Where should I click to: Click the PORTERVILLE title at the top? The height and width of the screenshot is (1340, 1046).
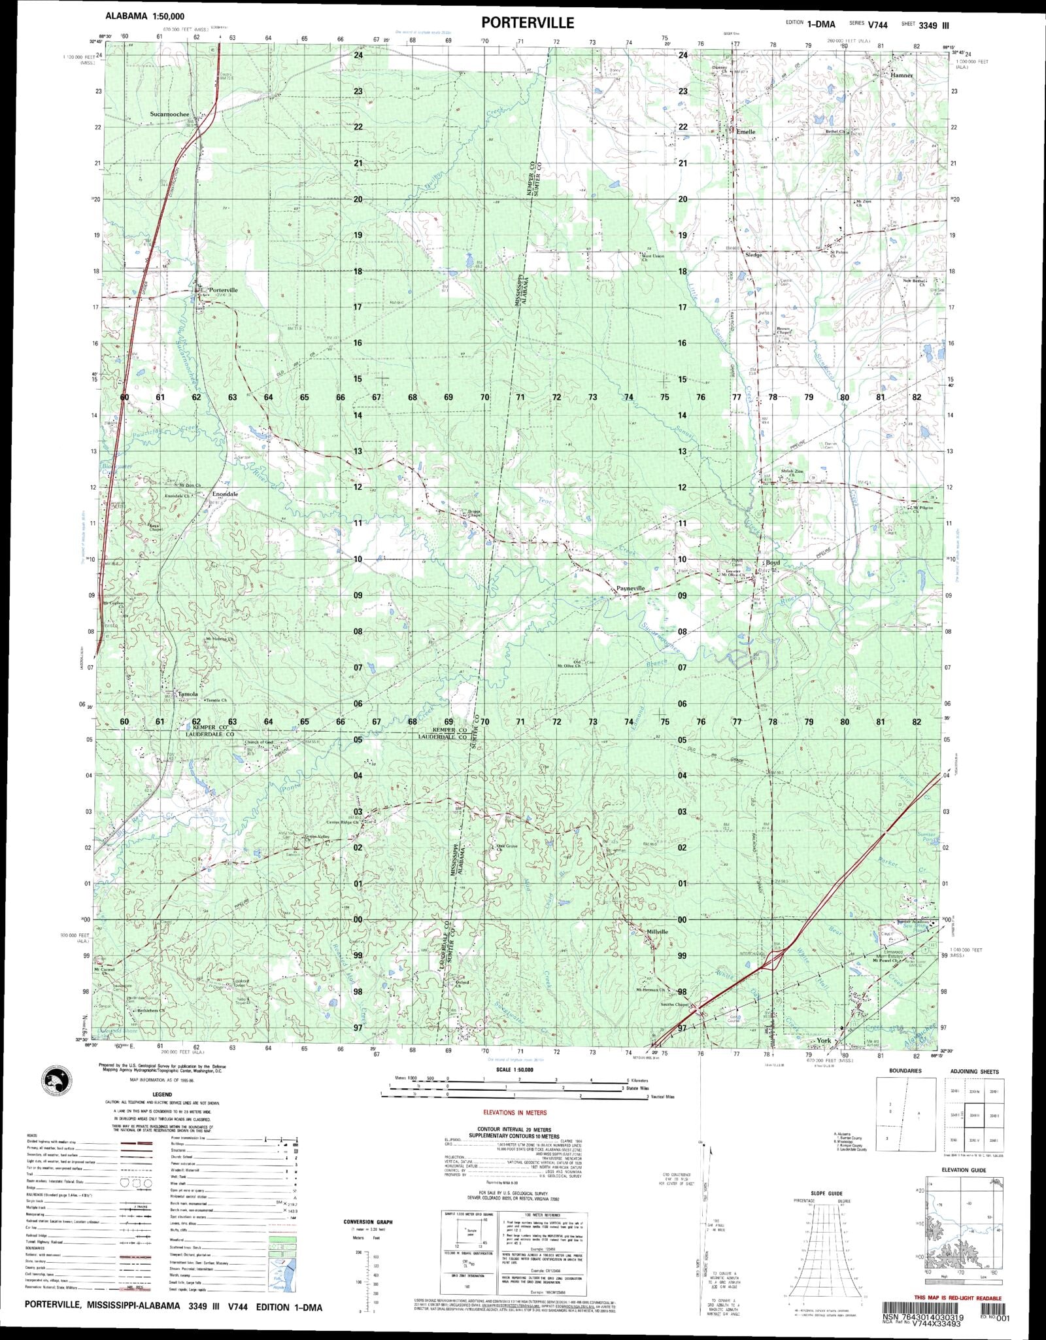(528, 23)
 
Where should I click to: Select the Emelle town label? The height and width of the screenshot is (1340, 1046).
(745, 131)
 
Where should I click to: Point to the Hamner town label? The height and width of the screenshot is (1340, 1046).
(901, 75)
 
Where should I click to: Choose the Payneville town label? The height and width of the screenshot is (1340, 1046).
(631, 589)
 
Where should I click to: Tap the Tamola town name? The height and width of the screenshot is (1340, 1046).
(188, 694)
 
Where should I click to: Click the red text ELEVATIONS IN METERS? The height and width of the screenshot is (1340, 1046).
(515, 1112)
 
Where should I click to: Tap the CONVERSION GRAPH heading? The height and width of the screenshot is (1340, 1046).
(368, 1222)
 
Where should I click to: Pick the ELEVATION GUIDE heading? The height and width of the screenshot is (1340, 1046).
(960, 1170)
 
